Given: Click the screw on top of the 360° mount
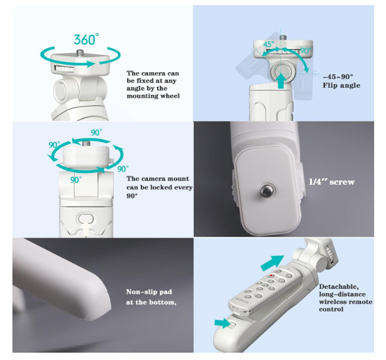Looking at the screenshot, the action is (80, 53).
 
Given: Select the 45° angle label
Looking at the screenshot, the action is (268, 44).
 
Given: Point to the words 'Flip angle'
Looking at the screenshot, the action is (341, 85).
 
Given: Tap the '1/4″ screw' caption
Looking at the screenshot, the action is (332, 182).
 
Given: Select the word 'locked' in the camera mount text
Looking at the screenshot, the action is (161, 188).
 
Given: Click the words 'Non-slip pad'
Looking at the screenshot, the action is (149, 292).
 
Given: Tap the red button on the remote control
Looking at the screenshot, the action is (271, 275).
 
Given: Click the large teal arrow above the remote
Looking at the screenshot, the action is (272, 263).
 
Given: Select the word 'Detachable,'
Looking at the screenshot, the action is (339, 287).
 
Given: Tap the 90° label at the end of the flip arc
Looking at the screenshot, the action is (306, 50).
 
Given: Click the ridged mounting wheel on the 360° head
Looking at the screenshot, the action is (64, 69).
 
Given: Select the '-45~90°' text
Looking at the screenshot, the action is (338, 77).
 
